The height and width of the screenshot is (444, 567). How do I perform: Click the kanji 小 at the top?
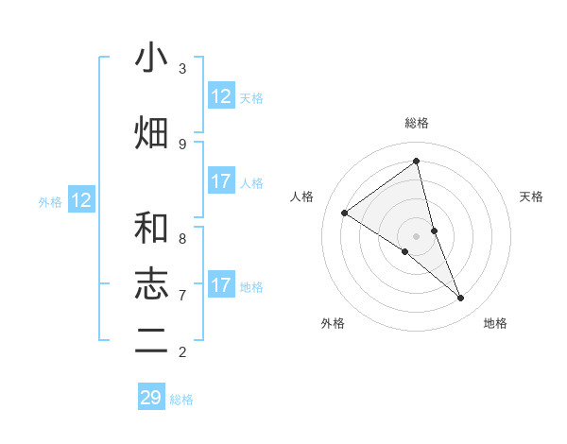click(x=151, y=59)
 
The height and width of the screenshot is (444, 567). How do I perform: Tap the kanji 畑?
click(x=151, y=132)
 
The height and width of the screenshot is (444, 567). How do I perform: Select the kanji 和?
click(x=151, y=228)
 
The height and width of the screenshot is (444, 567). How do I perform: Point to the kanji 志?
click(x=151, y=282)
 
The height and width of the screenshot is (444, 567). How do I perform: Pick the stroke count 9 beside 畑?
click(x=182, y=144)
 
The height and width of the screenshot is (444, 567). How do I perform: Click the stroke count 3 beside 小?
click(x=182, y=69)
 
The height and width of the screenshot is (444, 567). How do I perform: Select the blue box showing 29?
click(x=151, y=398)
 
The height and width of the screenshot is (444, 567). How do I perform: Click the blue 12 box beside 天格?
click(x=221, y=96)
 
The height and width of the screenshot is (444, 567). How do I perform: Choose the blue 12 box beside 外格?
click(x=81, y=200)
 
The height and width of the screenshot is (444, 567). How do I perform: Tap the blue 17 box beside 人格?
click(x=221, y=181)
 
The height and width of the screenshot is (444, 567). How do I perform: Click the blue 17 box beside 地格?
click(x=221, y=285)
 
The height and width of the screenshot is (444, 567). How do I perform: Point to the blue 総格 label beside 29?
click(x=181, y=400)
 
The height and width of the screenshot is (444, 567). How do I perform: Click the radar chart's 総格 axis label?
click(x=417, y=123)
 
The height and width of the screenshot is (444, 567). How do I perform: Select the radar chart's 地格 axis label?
click(x=495, y=323)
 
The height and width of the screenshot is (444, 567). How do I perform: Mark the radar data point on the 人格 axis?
click(x=345, y=213)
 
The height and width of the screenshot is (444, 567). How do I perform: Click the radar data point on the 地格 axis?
click(x=461, y=299)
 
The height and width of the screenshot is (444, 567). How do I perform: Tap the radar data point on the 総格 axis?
click(x=417, y=161)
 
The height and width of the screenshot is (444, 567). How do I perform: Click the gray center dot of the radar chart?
click(x=417, y=235)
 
